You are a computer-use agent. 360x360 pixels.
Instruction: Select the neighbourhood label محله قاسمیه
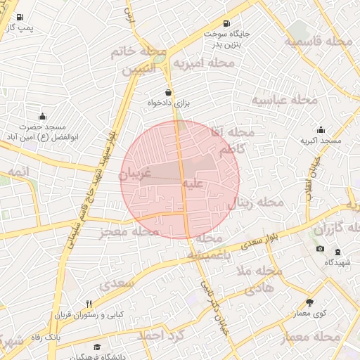click(318, 41)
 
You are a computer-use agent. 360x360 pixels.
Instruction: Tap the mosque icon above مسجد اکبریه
click(321, 129)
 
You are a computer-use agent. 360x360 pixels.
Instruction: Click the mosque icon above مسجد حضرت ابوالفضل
click(43, 116)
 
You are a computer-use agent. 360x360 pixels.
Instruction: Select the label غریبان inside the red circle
click(141, 174)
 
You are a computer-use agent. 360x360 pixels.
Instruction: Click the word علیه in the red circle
click(193, 184)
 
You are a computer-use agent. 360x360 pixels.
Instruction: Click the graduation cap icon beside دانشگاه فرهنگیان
click(96, 347)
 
